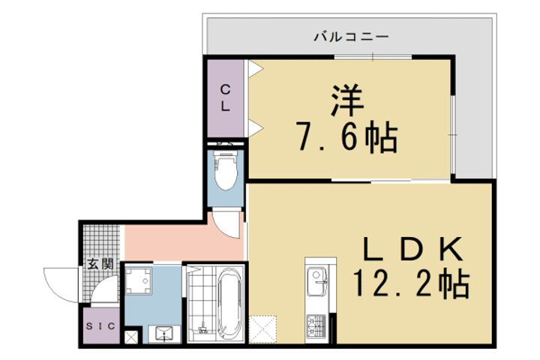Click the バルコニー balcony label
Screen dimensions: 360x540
(350, 35)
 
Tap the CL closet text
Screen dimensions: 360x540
(224, 97)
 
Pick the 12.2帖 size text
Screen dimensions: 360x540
(412, 284)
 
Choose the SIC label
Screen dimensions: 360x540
(99, 326)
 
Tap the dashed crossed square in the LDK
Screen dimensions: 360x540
(264, 328)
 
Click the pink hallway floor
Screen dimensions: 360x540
(172, 241)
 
